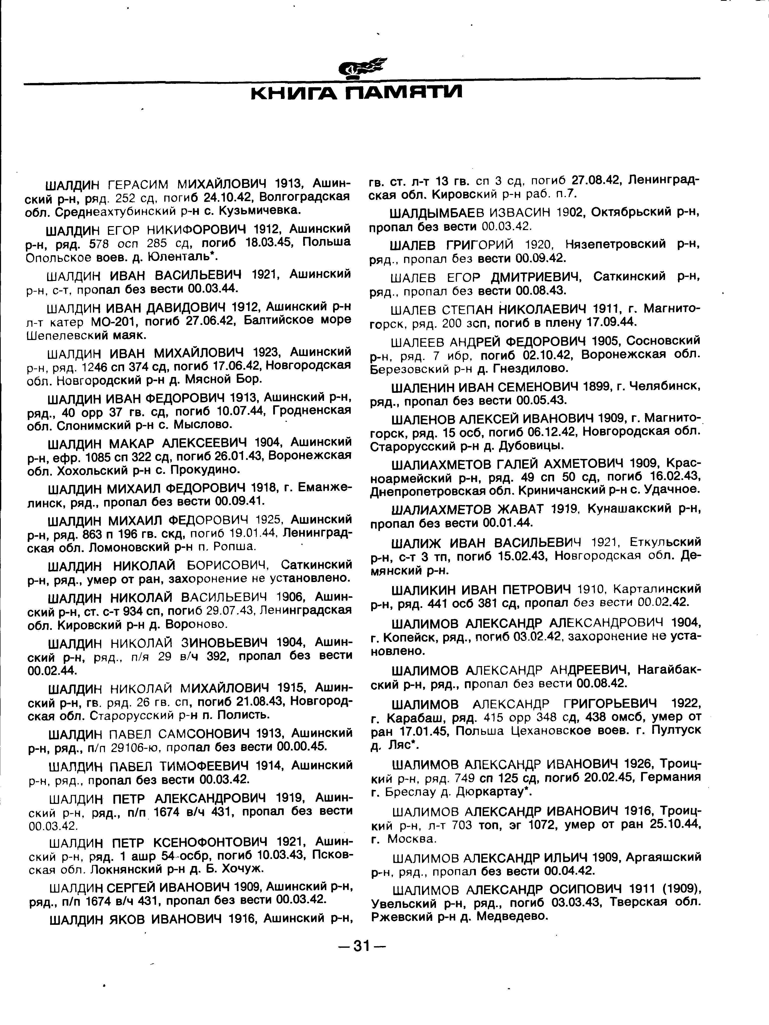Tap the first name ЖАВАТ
(x=515, y=509)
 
